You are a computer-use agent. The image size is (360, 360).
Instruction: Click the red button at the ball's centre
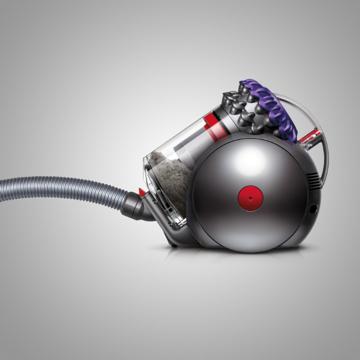coord(249,197)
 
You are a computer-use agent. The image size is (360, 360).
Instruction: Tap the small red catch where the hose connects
coord(142,192)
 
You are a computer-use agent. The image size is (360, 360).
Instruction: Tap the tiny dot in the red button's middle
coord(249,197)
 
